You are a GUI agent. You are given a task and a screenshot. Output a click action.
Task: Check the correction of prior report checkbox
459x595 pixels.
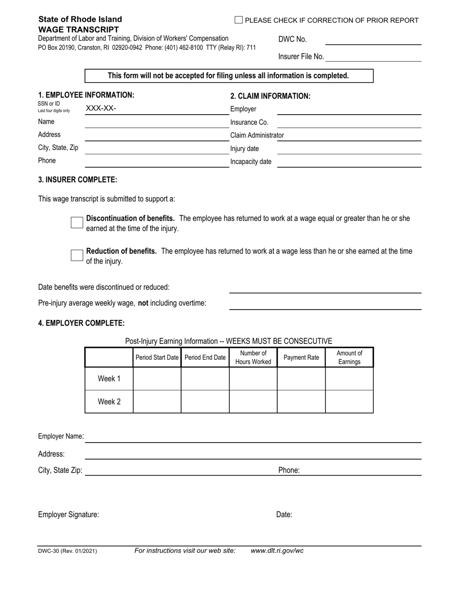(x=238, y=20)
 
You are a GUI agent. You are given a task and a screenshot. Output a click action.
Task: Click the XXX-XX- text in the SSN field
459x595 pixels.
(x=101, y=108)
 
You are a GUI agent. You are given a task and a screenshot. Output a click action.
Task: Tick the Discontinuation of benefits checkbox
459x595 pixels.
(x=77, y=223)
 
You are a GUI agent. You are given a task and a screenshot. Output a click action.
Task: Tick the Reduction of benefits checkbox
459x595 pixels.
(x=77, y=255)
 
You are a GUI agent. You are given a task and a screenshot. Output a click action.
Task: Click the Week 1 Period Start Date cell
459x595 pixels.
(x=157, y=379)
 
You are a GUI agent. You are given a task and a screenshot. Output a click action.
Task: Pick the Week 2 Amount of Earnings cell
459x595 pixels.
(x=349, y=402)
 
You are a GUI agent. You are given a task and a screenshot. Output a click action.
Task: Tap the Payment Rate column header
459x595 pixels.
(x=301, y=357)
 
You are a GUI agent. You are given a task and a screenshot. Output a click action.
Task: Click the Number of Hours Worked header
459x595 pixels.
(x=253, y=357)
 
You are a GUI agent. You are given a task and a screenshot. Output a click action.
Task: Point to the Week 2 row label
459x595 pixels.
(x=109, y=402)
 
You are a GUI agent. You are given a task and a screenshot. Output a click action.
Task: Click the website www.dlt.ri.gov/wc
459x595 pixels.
(x=277, y=550)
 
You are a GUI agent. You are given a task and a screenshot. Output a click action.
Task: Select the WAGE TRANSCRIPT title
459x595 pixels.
(x=78, y=30)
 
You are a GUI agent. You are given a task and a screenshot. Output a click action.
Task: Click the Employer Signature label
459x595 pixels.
(x=69, y=515)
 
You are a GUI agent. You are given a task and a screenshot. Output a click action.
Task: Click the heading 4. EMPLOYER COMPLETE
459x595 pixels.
(x=81, y=323)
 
